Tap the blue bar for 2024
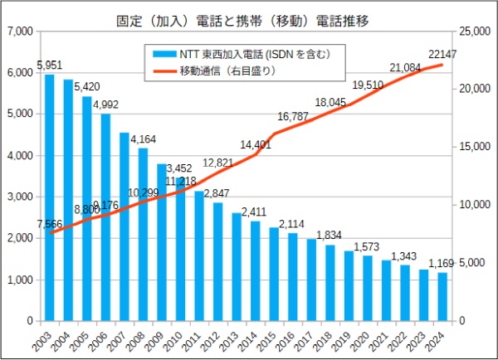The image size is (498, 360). (442, 296)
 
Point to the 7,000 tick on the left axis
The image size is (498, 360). (19, 32)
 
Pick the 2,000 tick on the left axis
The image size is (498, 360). (19, 239)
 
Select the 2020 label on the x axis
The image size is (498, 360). (361, 340)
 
